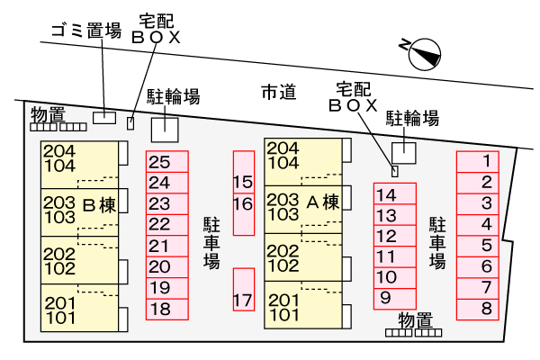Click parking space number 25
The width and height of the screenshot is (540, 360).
click(166, 162)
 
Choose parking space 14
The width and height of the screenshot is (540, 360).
click(394, 194)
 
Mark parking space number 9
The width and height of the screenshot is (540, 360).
click(394, 298)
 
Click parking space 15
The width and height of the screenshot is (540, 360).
click(243, 182)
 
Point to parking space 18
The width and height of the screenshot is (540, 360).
click(166, 309)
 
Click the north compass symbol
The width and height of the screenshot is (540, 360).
click(424, 54)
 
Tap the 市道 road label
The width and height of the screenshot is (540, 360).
click(279, 92)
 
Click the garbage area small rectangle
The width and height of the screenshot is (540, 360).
click(105, 116)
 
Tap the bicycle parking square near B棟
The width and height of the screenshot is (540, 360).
click(165, 128)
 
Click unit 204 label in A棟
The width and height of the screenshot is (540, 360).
click(283, 148)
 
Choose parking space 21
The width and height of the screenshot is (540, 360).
click(166, 246)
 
